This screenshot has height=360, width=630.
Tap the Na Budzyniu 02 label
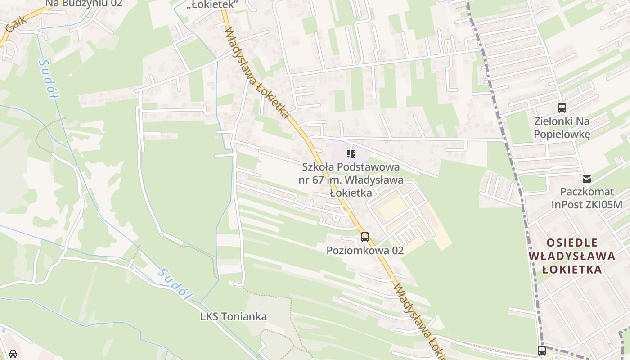pos(84,4)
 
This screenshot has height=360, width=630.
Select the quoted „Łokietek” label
pos(212,4)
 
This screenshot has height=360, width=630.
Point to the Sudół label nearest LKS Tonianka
pos(175,285)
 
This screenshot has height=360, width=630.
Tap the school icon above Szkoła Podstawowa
pos(351,154)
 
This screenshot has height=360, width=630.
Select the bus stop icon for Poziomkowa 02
pos(364,237)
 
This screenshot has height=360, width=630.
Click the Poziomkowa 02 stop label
pos(365,251)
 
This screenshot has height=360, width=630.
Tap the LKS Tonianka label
pos(234,316)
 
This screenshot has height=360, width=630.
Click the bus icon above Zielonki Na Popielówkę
pos(562,108)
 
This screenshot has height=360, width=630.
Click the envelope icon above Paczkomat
pos(587,179)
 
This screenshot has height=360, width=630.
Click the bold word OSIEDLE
pos(572,243)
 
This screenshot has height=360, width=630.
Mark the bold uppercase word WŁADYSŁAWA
pos(571,256)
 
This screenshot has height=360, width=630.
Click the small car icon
pos(13,354)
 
